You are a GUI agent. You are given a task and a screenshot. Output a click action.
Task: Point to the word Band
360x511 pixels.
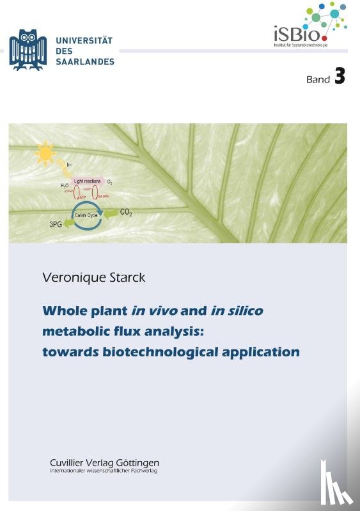click(317, 80)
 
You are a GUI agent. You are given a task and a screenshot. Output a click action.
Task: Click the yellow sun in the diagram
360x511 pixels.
click(46, 153)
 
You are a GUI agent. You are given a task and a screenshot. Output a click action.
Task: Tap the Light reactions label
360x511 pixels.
click(87, 182)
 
